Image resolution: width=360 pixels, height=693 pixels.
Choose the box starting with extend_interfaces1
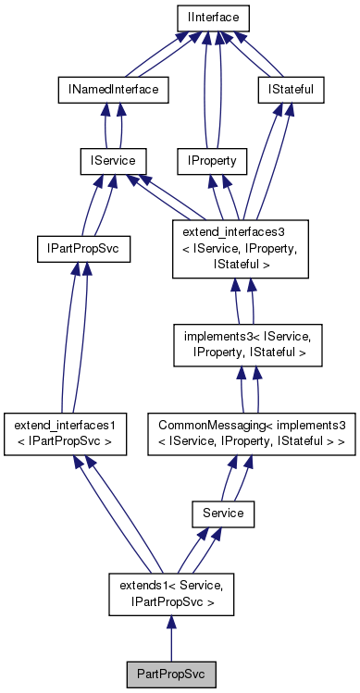63,430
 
